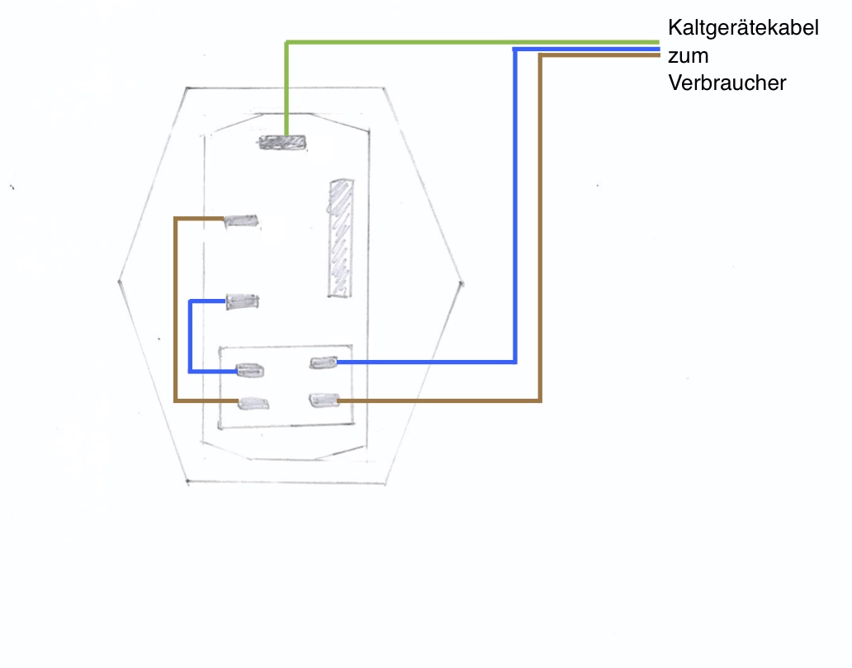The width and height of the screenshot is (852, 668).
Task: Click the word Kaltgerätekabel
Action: [x=743, y=29]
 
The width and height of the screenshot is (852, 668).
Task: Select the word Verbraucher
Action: [x=727, y=83]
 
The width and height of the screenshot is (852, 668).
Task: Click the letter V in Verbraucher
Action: [x=676, y=83]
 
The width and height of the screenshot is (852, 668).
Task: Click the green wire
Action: [x=462, y=42]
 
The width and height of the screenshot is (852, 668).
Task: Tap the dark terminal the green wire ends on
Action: [x=282, y=143]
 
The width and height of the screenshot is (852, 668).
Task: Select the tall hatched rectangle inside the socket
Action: [x=340, y=238]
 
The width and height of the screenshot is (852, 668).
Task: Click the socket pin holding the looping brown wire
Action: [x=242, y=220]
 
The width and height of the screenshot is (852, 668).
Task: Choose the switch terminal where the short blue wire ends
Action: [x=249, y=370]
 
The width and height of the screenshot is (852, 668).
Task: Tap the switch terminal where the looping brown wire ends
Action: [x=253, y=403]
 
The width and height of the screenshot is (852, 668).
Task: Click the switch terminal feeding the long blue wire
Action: [x=323, y=362]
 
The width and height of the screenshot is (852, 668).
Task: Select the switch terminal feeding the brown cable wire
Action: [x=323, y=400]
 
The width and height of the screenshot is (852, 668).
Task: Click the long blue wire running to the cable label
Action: [x=515, y=206]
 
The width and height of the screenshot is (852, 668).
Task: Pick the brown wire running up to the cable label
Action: [x=540, y=231]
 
